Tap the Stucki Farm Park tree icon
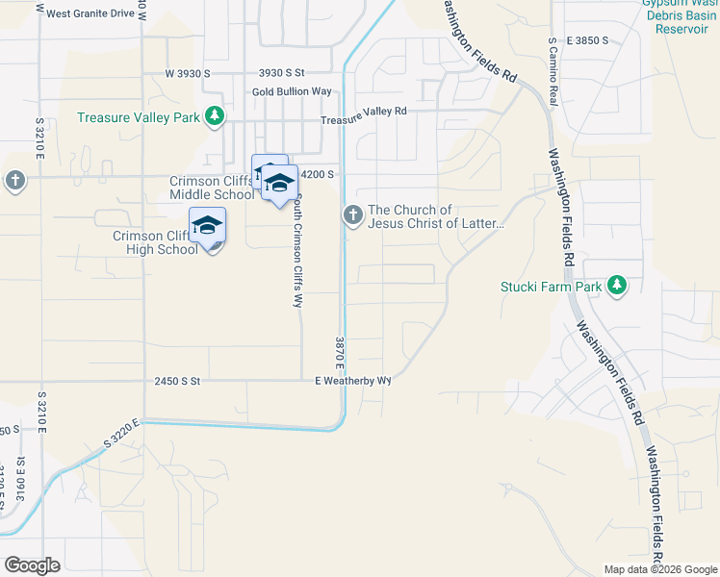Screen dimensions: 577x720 [x=617, y=286]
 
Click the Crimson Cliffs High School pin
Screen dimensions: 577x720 [x=207, y=227]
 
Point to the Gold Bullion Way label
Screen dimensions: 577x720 [x=292, y=91]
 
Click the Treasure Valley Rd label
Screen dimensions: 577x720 [x=364, y=112]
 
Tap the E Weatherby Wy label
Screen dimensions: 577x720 [x=353, y=381]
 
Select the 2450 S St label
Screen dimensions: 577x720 [x=176, y=381]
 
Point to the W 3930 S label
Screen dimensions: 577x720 [x=187, y=73]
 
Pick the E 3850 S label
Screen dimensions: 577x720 [x=589, y=40]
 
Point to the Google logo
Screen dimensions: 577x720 [x=32, y=564]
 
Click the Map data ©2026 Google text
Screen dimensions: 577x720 [x=660, y=569]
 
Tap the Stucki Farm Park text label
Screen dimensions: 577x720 [x=552, y=287]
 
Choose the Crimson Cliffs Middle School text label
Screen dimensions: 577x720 [x=212, y=188]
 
